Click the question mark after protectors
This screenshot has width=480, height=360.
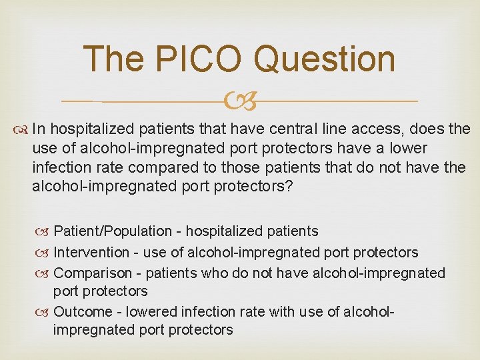coord(289,186)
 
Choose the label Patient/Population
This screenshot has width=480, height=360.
coord(113,231)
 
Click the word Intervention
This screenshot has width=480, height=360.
coord(91,252)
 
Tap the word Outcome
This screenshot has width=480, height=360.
coord(82,311)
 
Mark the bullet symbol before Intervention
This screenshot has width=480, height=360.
coord(43,253)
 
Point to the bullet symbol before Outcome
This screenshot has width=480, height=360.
coord(43,311)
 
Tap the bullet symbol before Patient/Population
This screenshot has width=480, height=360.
coord(43,232)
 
